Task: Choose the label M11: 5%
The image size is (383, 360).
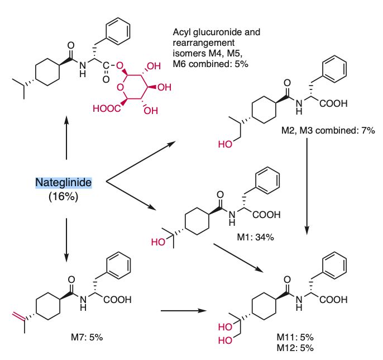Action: point(295,337)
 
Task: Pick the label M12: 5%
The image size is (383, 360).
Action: point(295,348)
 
